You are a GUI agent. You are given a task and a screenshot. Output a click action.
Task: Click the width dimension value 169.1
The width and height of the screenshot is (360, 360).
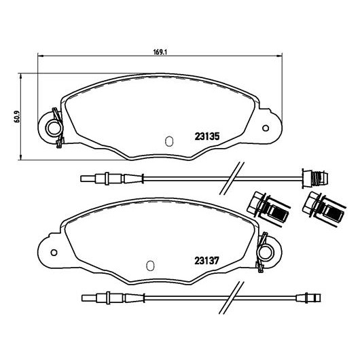coord(160,52)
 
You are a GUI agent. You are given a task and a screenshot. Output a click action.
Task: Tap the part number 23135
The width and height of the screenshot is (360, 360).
coord(207,137)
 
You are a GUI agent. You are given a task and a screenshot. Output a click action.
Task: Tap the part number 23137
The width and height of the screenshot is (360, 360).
coord(207,261)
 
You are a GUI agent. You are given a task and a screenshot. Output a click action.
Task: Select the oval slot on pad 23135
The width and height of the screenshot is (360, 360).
coord(169,141)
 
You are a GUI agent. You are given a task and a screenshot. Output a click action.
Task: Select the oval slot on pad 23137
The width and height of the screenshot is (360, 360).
coord(150,266)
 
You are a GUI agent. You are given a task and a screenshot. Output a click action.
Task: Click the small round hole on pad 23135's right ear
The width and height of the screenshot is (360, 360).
coord(266,128)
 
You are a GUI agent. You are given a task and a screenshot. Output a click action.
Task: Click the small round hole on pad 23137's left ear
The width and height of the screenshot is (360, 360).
coord(54,253)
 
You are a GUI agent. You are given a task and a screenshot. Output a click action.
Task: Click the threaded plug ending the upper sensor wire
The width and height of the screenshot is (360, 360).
coord(315,178)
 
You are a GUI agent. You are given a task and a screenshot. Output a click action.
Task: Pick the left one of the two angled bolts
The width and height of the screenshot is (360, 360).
coord(268,209)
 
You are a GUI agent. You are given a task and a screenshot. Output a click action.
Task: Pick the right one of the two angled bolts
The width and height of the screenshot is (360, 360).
coord(324,209)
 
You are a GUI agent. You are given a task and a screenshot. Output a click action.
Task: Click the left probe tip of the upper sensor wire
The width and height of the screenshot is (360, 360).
coord(88,179)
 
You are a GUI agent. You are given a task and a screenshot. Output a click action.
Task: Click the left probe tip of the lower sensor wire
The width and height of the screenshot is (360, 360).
coord(89,298)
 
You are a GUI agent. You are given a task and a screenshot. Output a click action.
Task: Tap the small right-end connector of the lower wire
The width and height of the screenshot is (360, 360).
coord(308,298)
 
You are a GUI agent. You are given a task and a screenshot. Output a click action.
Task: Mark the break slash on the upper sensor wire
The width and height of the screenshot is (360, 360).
coord(232,178)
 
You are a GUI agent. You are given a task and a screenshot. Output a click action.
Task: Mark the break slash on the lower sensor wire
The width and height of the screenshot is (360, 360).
coord(231,298)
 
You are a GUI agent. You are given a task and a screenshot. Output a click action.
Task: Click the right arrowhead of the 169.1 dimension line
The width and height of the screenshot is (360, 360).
coord(279,56)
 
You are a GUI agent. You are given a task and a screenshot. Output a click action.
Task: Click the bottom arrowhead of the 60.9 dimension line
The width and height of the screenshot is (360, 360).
coord(21,157)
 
